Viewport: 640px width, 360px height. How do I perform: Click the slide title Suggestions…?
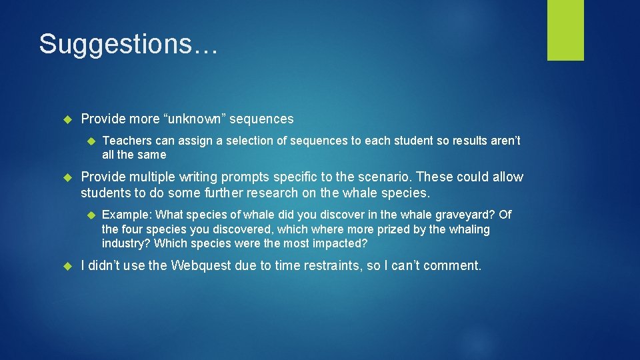pos(127,44)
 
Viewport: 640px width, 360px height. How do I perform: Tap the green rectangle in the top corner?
pos(565,30)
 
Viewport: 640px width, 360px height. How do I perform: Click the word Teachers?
pos(127,141)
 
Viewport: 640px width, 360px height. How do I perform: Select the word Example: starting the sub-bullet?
pos(127,215)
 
